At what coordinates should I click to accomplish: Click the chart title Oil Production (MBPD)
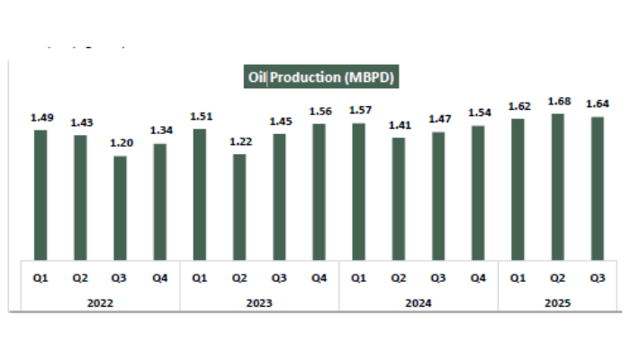coord(321,76)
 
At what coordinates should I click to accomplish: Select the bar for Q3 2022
coord(120,208)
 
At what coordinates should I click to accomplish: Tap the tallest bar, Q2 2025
coord(558,186)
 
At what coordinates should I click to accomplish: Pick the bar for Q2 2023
coord(239,207)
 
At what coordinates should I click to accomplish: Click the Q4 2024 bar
coord(478,193)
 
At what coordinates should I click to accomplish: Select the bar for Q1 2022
coord(40,194)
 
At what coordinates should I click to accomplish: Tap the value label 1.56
coord(319,112)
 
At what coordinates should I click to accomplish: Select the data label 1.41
coord(399,126)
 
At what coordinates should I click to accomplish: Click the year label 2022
coord(100,303)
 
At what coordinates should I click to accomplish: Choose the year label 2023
coord(259,303)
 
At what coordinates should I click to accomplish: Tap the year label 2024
coord(418,303)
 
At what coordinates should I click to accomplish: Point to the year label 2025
coord(558,303)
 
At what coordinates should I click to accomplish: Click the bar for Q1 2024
coord(358,191)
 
